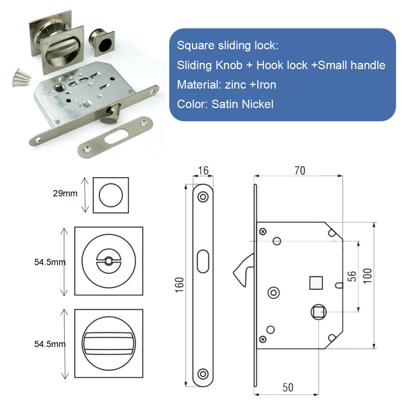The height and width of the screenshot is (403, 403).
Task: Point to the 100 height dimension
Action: pos(368,275)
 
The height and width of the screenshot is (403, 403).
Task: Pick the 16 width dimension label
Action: pos(203,171)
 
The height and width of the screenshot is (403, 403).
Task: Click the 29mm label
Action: pos(65,193)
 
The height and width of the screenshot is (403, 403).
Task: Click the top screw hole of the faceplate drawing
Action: pos(202,197)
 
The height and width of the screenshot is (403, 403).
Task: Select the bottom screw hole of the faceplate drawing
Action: pos(202,374)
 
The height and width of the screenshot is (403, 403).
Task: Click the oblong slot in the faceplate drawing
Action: pos(202,261)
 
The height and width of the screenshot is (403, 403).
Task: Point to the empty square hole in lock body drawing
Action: pos(315,283)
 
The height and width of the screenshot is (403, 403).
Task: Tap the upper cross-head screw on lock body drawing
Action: pos(263,232)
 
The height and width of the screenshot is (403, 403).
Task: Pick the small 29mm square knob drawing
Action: pos(111,195)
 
